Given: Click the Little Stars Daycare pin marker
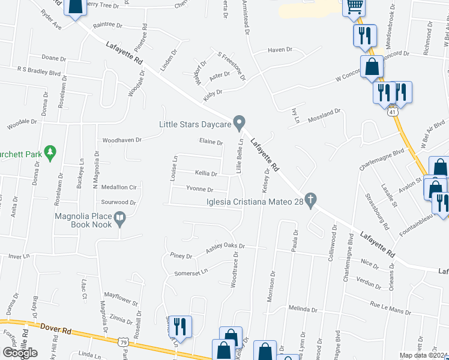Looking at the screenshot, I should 239,123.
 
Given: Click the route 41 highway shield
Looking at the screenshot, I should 393,112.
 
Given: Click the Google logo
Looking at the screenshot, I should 20,353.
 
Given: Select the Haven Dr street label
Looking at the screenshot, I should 280,50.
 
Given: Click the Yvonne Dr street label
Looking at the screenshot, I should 199,189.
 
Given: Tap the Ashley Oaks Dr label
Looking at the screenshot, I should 226,246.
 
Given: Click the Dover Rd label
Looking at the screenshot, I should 57,328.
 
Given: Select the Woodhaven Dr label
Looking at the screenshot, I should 121,140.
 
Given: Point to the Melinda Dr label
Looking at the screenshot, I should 302,308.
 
